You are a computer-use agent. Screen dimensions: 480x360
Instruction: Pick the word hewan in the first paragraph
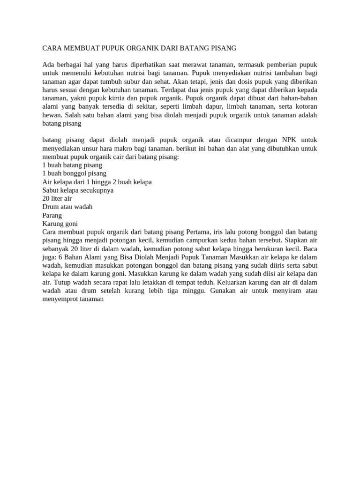52,115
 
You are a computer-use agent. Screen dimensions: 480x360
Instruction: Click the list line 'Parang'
52,215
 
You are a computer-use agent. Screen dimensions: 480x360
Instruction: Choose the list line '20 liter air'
57,199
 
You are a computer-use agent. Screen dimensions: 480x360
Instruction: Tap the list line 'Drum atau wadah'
67,207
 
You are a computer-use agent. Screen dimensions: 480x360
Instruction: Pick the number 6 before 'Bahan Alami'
60,257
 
